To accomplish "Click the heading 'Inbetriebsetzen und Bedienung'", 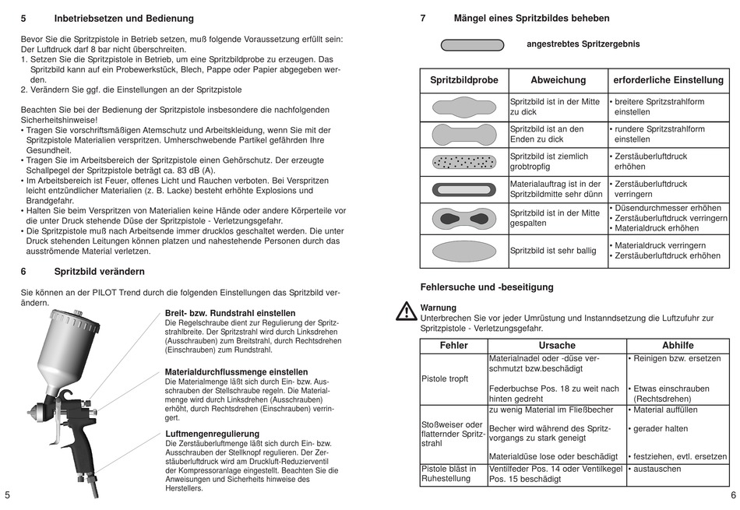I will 124,18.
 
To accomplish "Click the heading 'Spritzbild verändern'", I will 99,272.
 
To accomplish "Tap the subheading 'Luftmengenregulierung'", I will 213,434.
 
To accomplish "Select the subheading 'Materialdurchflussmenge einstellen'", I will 236,372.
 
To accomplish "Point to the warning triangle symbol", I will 406,311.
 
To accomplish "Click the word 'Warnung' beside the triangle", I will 439,308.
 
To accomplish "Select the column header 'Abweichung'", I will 558,80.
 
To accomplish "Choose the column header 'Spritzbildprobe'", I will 464,80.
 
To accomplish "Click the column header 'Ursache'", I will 557,346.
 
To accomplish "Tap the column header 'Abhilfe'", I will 677,346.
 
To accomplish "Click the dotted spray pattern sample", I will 463,162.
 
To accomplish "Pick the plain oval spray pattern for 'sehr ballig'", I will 463,251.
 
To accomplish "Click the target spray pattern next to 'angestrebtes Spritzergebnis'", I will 472,44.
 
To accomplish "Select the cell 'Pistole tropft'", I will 445,379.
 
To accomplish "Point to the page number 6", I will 733,495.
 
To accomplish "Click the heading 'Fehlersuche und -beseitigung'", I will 487,287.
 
